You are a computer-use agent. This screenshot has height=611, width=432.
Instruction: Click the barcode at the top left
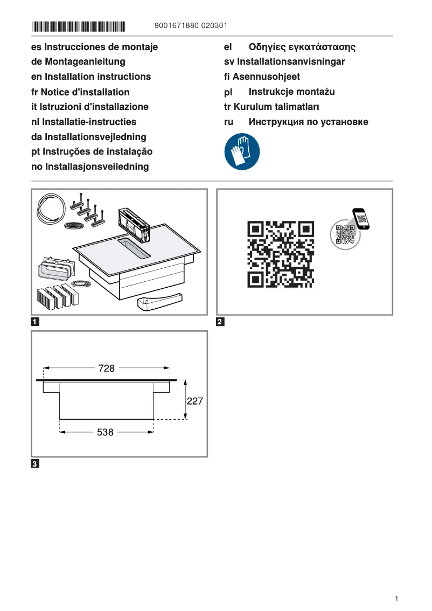(78, 26)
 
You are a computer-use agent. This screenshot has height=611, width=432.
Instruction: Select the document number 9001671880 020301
(191, 26)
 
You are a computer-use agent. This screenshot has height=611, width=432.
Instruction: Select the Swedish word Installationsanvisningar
(291, 61)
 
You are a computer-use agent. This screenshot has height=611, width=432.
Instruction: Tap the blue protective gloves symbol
(242, 151)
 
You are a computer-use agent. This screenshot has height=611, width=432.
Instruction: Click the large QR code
(280, 253)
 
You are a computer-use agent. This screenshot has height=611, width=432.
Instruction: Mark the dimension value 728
(107, 368)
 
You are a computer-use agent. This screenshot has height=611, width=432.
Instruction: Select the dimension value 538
(106, 432)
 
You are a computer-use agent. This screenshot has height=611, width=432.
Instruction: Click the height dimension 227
(194, 401)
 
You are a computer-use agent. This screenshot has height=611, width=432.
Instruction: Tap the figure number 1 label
(35, 323)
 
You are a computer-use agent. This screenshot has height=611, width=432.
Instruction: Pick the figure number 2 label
(220, 323)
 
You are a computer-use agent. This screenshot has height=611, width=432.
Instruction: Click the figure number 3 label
(35, 464)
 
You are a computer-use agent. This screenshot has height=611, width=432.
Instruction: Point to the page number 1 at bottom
(396, 599)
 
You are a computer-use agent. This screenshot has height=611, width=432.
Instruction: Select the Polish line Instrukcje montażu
(291, 92)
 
